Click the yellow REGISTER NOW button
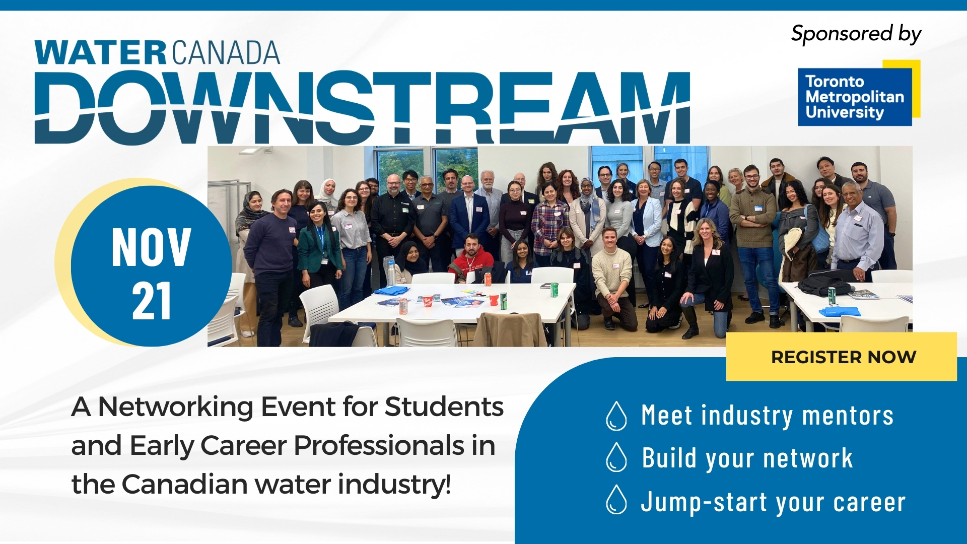click(x=841, y=357)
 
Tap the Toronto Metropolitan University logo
click(x=859, y=93)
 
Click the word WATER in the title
click(x=101, y=53)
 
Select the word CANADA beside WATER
click(x=226, y=53)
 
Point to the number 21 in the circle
click(x=152, y=301)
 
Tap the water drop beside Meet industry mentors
click(x=616, y=416)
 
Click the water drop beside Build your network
click(x=616, y=457)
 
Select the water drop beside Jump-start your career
click(x=616, y=500)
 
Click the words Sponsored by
click(x=856, y=34)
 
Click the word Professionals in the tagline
click(x=379, y=446)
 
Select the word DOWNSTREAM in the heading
click(x=362, y=107)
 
